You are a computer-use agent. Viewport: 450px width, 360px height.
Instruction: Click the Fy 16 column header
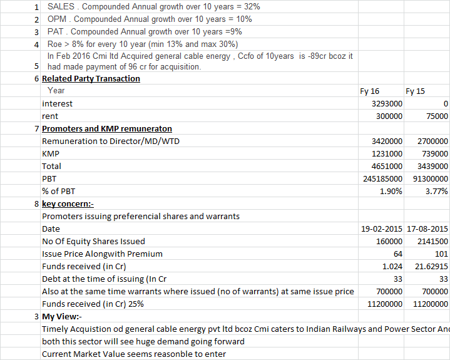click(x=370, y=91)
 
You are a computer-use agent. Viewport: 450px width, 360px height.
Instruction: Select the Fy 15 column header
click(x=415, y=91)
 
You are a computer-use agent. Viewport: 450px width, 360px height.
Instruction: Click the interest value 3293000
click(x=387, y=104)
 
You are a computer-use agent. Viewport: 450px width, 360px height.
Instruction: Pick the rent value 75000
click(x=436, y=116)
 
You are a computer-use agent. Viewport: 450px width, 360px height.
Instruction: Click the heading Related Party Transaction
click(x=91, y=79)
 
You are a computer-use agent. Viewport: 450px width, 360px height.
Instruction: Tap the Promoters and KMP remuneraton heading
click(x=106, y=129)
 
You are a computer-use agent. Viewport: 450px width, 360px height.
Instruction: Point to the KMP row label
click(x=51, y=154)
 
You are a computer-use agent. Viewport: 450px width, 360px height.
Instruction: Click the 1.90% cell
click(x=391, y=192)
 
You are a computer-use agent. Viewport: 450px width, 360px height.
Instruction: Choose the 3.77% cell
click(x=436, y=192)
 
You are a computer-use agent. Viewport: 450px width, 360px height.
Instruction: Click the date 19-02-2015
click(x=382, y=229)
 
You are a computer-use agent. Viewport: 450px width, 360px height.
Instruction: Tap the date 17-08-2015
click(x=427, y=229)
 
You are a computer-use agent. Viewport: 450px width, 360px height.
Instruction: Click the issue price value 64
click(x=397, y=254)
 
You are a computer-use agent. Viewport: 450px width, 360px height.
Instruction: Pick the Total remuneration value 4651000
click(x=387, y=167)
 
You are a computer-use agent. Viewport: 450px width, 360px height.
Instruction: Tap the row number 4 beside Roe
click(x=37, y=44)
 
